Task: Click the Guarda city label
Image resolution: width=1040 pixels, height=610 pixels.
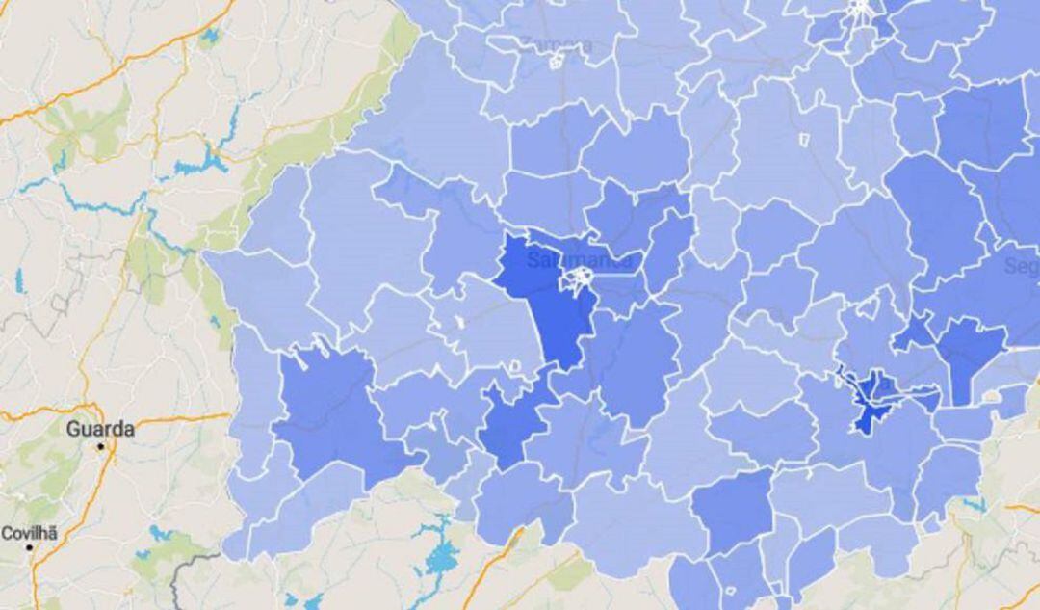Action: pyautogui.click(x=99, y=429)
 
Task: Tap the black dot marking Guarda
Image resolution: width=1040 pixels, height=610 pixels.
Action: pyautogui.click(x=100, y=447)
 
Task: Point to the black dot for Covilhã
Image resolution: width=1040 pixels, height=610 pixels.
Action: pyautogui.click(x=30, y=547)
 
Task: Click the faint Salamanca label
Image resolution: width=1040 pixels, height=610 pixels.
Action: pyautogui.click(x=581, y=260)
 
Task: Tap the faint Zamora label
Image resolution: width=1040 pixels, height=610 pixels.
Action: pyautogui.click(x=558, y=44)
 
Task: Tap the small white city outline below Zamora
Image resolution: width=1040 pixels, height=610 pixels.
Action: pyautogui.click(x=557, y=62)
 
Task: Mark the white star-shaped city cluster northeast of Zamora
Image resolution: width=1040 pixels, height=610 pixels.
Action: pyautogui.click(x=860, y=12)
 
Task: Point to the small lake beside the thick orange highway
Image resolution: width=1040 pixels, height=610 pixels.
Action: pyautogui.click(x=208, y=39)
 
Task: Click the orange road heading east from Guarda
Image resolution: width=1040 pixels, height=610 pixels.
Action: pyautogui.click(x=173, y=418)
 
